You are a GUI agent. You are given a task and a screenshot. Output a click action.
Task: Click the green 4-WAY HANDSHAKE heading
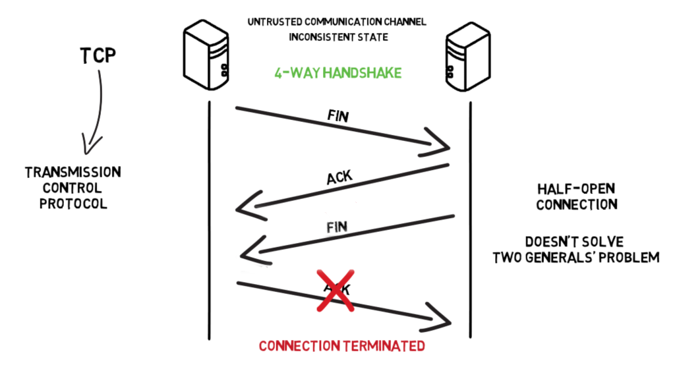click(337, 73)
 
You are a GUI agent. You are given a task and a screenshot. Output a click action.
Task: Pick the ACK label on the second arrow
click(340, 176)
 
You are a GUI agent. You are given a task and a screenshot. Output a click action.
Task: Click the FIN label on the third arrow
click(337, 227)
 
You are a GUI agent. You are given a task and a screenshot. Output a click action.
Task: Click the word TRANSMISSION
click(73, 173)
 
